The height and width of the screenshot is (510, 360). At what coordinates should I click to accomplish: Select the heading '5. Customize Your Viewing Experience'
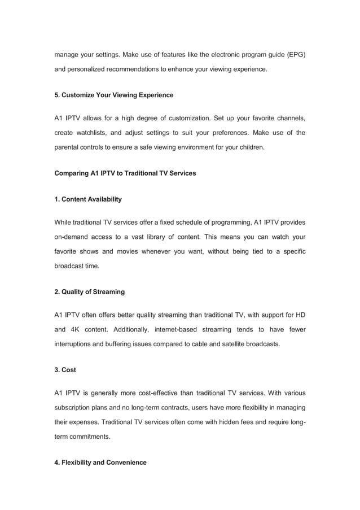tap(113, 95)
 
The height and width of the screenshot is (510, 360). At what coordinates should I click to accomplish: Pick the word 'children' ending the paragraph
tap(249, 147)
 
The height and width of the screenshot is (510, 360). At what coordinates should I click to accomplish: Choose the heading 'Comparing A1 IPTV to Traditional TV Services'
tap(125, 173)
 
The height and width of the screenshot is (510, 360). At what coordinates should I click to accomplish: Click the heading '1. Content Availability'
tap(87, 199)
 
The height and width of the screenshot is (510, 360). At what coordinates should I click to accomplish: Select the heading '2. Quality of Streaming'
tap(89, 292)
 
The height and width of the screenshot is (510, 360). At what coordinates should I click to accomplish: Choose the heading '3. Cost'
tap(65, 369)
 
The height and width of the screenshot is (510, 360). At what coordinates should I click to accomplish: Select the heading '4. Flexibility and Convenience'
tap(100, 462)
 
